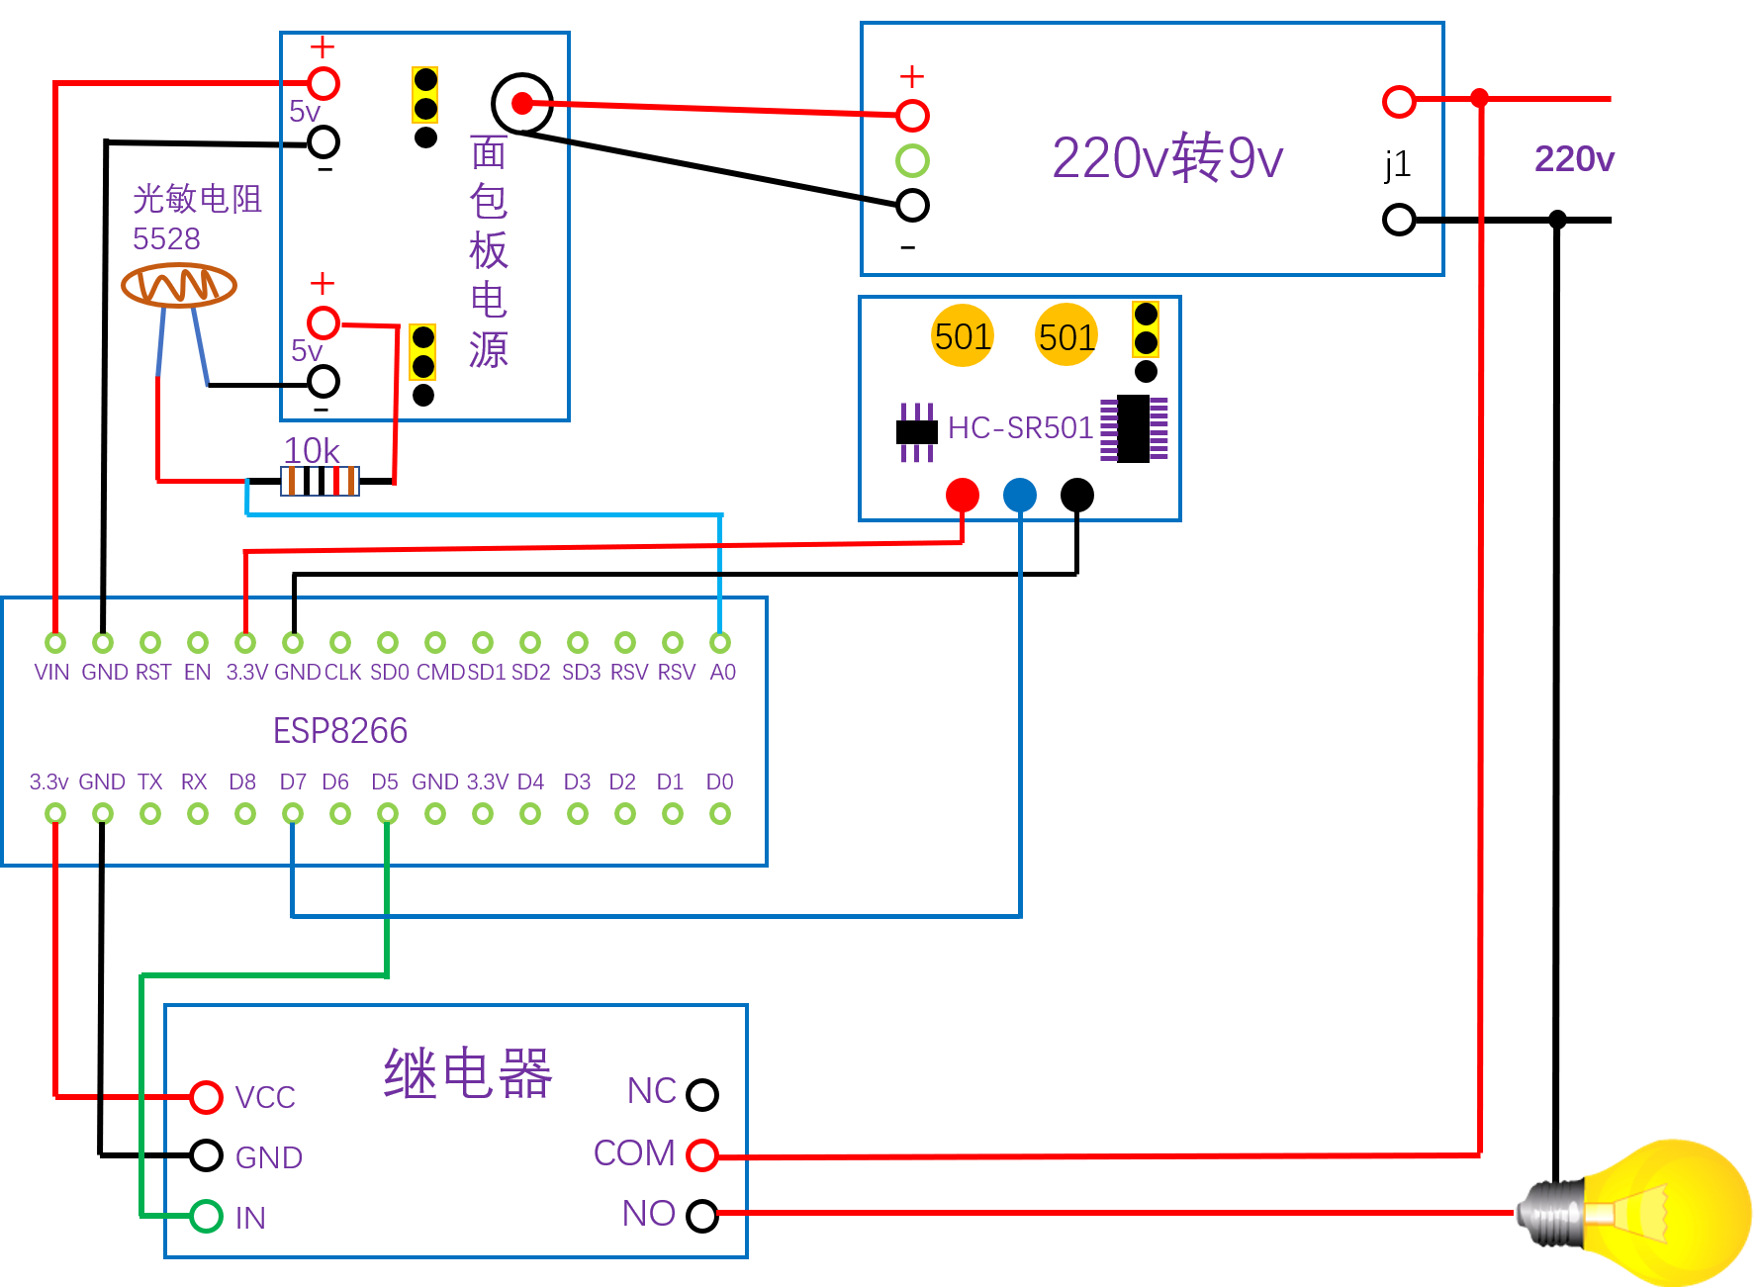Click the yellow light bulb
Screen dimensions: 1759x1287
[x=1642, y=1213]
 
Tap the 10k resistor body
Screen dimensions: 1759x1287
[x=321, y=482]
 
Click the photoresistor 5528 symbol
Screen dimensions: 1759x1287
[x=179, y=286]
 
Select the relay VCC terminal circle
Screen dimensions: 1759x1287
[x=206, y=1096]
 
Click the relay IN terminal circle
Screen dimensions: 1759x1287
[x=206, y=1216]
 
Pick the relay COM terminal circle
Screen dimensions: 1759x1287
[x=702, y=1154]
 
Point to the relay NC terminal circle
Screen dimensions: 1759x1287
[x=702, y=1094]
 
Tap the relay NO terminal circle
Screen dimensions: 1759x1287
[x=702, y=1215]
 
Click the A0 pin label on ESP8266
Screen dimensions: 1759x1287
[x=723, y=673]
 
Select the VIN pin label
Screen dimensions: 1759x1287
[x=52, y=673]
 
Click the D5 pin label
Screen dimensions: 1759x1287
[x=385, y=782]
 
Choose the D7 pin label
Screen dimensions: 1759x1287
[x=293, y=782]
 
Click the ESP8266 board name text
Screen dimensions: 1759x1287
[x=340, y=731]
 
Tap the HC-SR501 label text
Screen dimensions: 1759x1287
[x=1021, y=427]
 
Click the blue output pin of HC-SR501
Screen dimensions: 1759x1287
[x=1020, y=495]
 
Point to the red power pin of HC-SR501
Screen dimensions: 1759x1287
[x=963, y=495]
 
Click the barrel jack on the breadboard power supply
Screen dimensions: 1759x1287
[x=521, y=103]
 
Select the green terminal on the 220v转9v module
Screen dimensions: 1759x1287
[x=912, y=160]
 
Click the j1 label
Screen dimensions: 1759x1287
[x=1397, y=164]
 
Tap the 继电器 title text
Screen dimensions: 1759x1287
[x=468, y=1073]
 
